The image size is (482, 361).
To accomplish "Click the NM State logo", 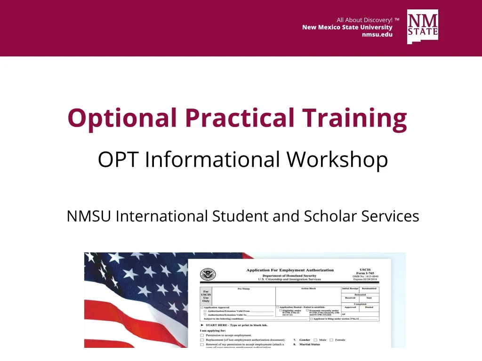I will [422, 27].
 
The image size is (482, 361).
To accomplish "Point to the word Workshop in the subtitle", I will [337, 160].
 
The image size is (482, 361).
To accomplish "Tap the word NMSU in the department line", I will [89, 216].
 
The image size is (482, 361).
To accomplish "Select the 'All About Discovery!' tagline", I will [365, 20].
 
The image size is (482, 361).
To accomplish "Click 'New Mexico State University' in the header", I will [347, 27].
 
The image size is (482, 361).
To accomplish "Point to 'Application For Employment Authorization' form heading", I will [290, 270].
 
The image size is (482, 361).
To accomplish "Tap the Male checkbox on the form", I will [315, 339].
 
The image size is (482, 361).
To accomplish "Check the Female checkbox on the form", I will [331, 339].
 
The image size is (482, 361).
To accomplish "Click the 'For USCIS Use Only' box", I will [206, 296].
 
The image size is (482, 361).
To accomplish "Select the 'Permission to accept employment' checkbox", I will [202, 335].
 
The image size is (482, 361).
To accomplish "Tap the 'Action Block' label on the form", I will [308, 288].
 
